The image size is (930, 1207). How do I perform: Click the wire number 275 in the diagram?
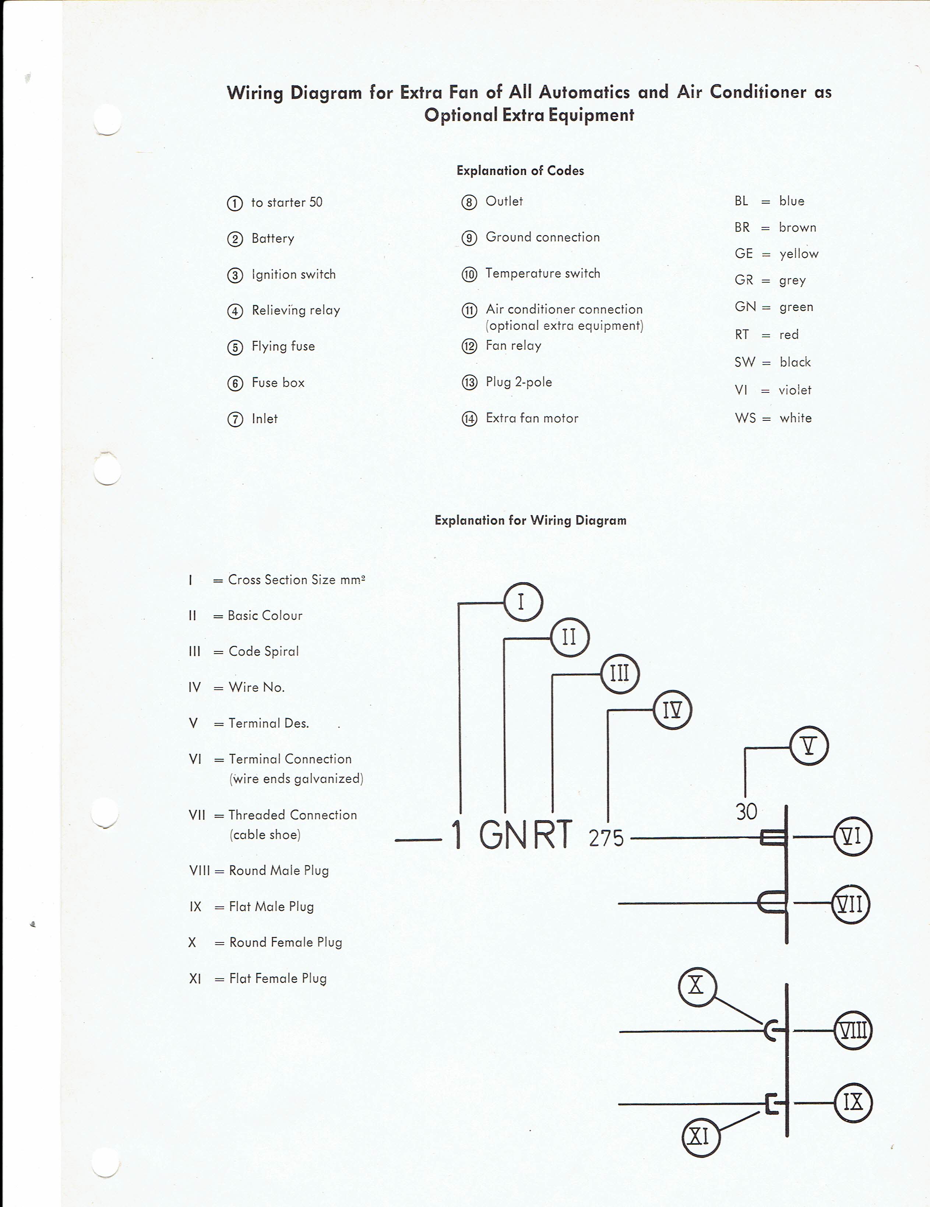[x=606, y=839]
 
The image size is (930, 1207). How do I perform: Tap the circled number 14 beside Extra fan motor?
[x=469, y=419]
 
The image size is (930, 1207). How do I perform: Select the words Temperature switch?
[x=543, y=273]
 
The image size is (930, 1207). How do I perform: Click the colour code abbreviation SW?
[x=744, y=362]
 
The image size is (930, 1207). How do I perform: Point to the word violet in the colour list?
[x=795, y=390]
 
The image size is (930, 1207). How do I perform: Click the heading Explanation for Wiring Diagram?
[x=531, y=520]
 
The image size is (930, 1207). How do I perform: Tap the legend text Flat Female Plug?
[x=278, y=978]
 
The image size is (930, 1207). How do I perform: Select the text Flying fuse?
[x=283, y=346]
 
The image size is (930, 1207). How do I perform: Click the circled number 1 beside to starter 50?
[x=235, y=203]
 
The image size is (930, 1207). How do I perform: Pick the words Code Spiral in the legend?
[x=264, y=651]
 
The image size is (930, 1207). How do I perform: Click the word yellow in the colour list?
[x=799, y=254]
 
